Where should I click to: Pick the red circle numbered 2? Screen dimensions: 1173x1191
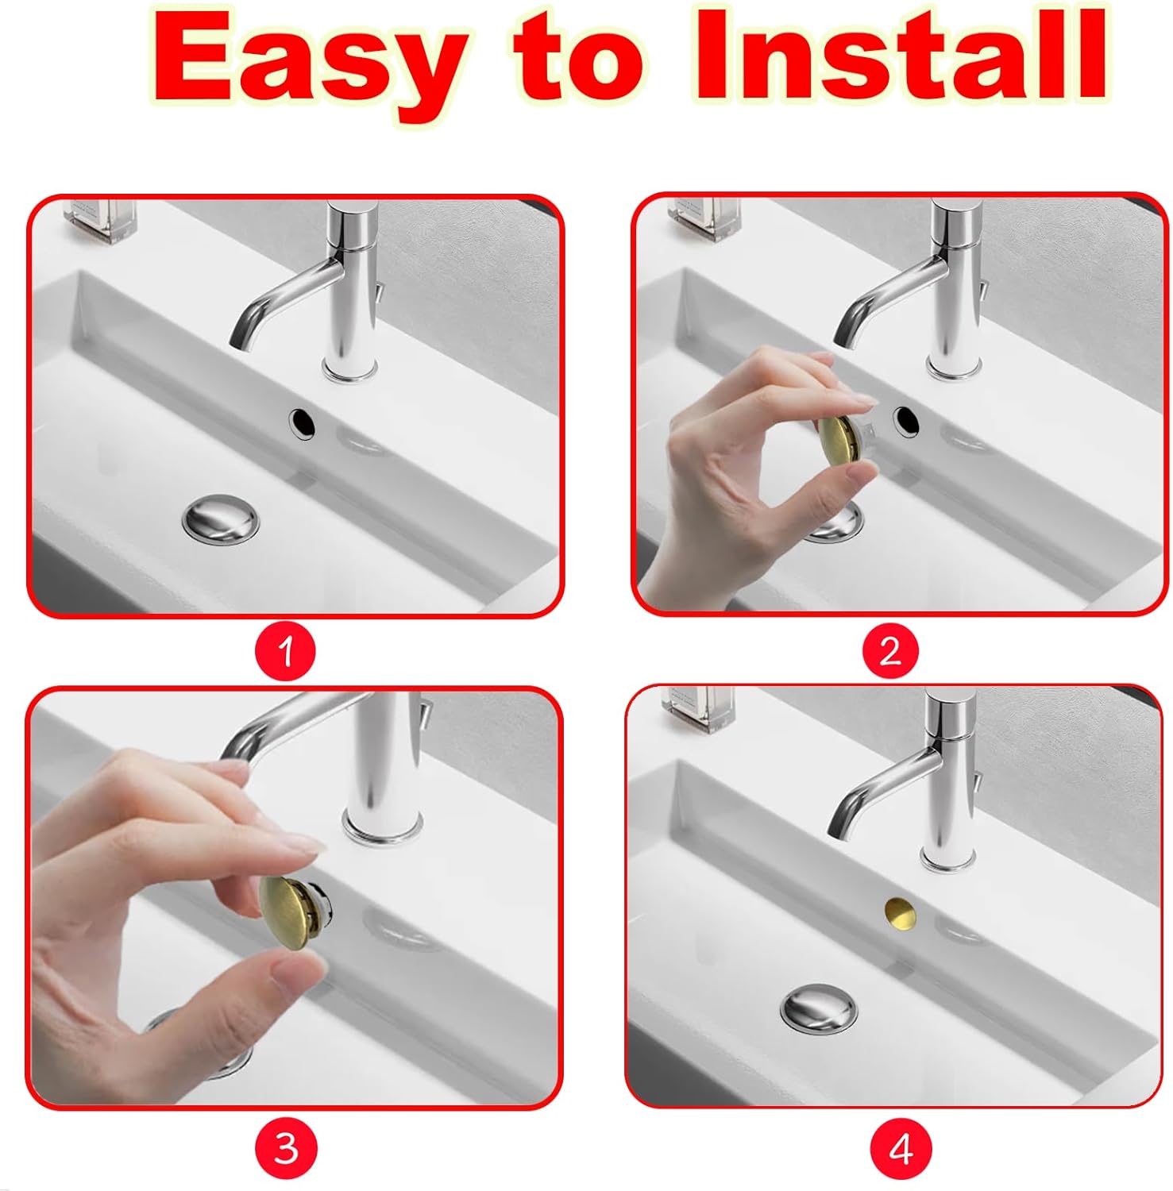tap(890, 652)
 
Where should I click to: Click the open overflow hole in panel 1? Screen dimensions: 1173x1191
tap(302, 423)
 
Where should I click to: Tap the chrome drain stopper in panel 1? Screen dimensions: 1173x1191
tap(221, 519)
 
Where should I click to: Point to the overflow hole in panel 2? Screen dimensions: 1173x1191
tap(906, 421)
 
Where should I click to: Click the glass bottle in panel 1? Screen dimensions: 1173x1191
tap(101, 218)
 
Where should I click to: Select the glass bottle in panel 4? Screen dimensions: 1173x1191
tap(699, 708)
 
